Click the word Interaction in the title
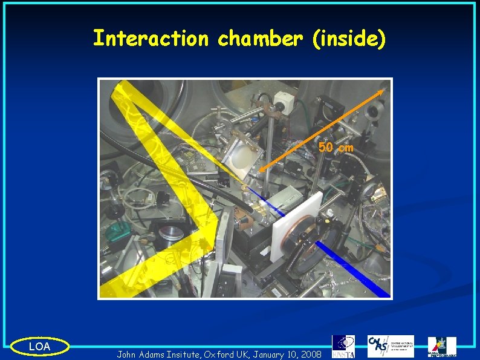point(151,39)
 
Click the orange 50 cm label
point(336,147)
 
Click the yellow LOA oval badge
point(40,346)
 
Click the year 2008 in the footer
point(310,353)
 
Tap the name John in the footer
point(129,353)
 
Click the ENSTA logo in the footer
point(343,346)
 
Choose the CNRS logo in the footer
point(391,346)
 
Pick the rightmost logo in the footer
point(442,347)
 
